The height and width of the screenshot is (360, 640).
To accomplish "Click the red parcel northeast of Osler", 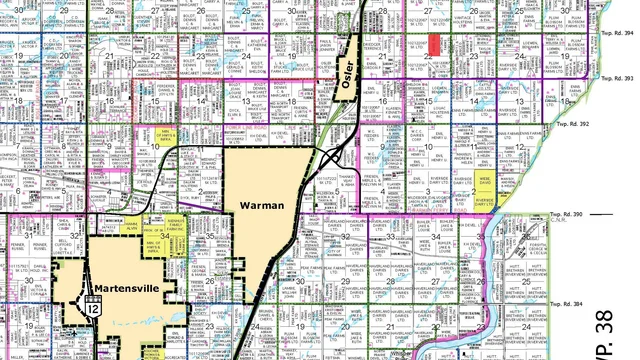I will coord(434,46).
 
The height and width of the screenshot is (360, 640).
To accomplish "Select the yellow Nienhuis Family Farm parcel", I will coord(176,229).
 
